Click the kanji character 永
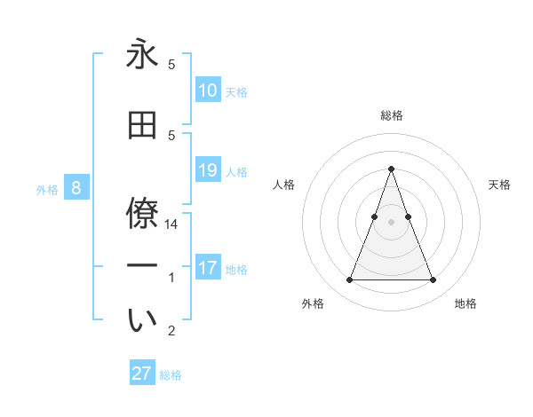pyautogui.click(x=142, y=55)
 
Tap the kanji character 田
pyautogui.click(x=142, y=124)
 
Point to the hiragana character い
pyautogui.click(x=142, y=321)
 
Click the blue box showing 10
pyautogui.click(x=207, y=90)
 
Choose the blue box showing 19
pyautogui.click(x=207, y=170)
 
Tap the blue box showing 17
pyautogui.click(x=207, y=268)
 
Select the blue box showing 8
pyautogui.click(x=76, y=188)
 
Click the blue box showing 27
pyautogui.click(x=142, y=374)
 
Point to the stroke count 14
pyautogui.click(x=171, y=224)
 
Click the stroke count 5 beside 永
pyautogui.click(x=171, y=65)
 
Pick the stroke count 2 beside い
pyautogui.click(x=171, y=332)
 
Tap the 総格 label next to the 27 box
pyautogui.click(x=171, y=375)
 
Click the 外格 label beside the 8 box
pyautogui.click(x=47, y=189)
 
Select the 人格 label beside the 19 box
pyautogui.click(x=236, y=171)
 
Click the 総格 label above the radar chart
pyautogui.click(x=391, y=115)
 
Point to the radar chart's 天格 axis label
pyautogui.click(x=499, y=185)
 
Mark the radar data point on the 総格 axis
pyautogui.click(x=391, y=169)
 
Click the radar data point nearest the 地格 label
pyautogui.click(x=433, y=280)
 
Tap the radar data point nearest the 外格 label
pyautogui.click(x=349, y=280)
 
